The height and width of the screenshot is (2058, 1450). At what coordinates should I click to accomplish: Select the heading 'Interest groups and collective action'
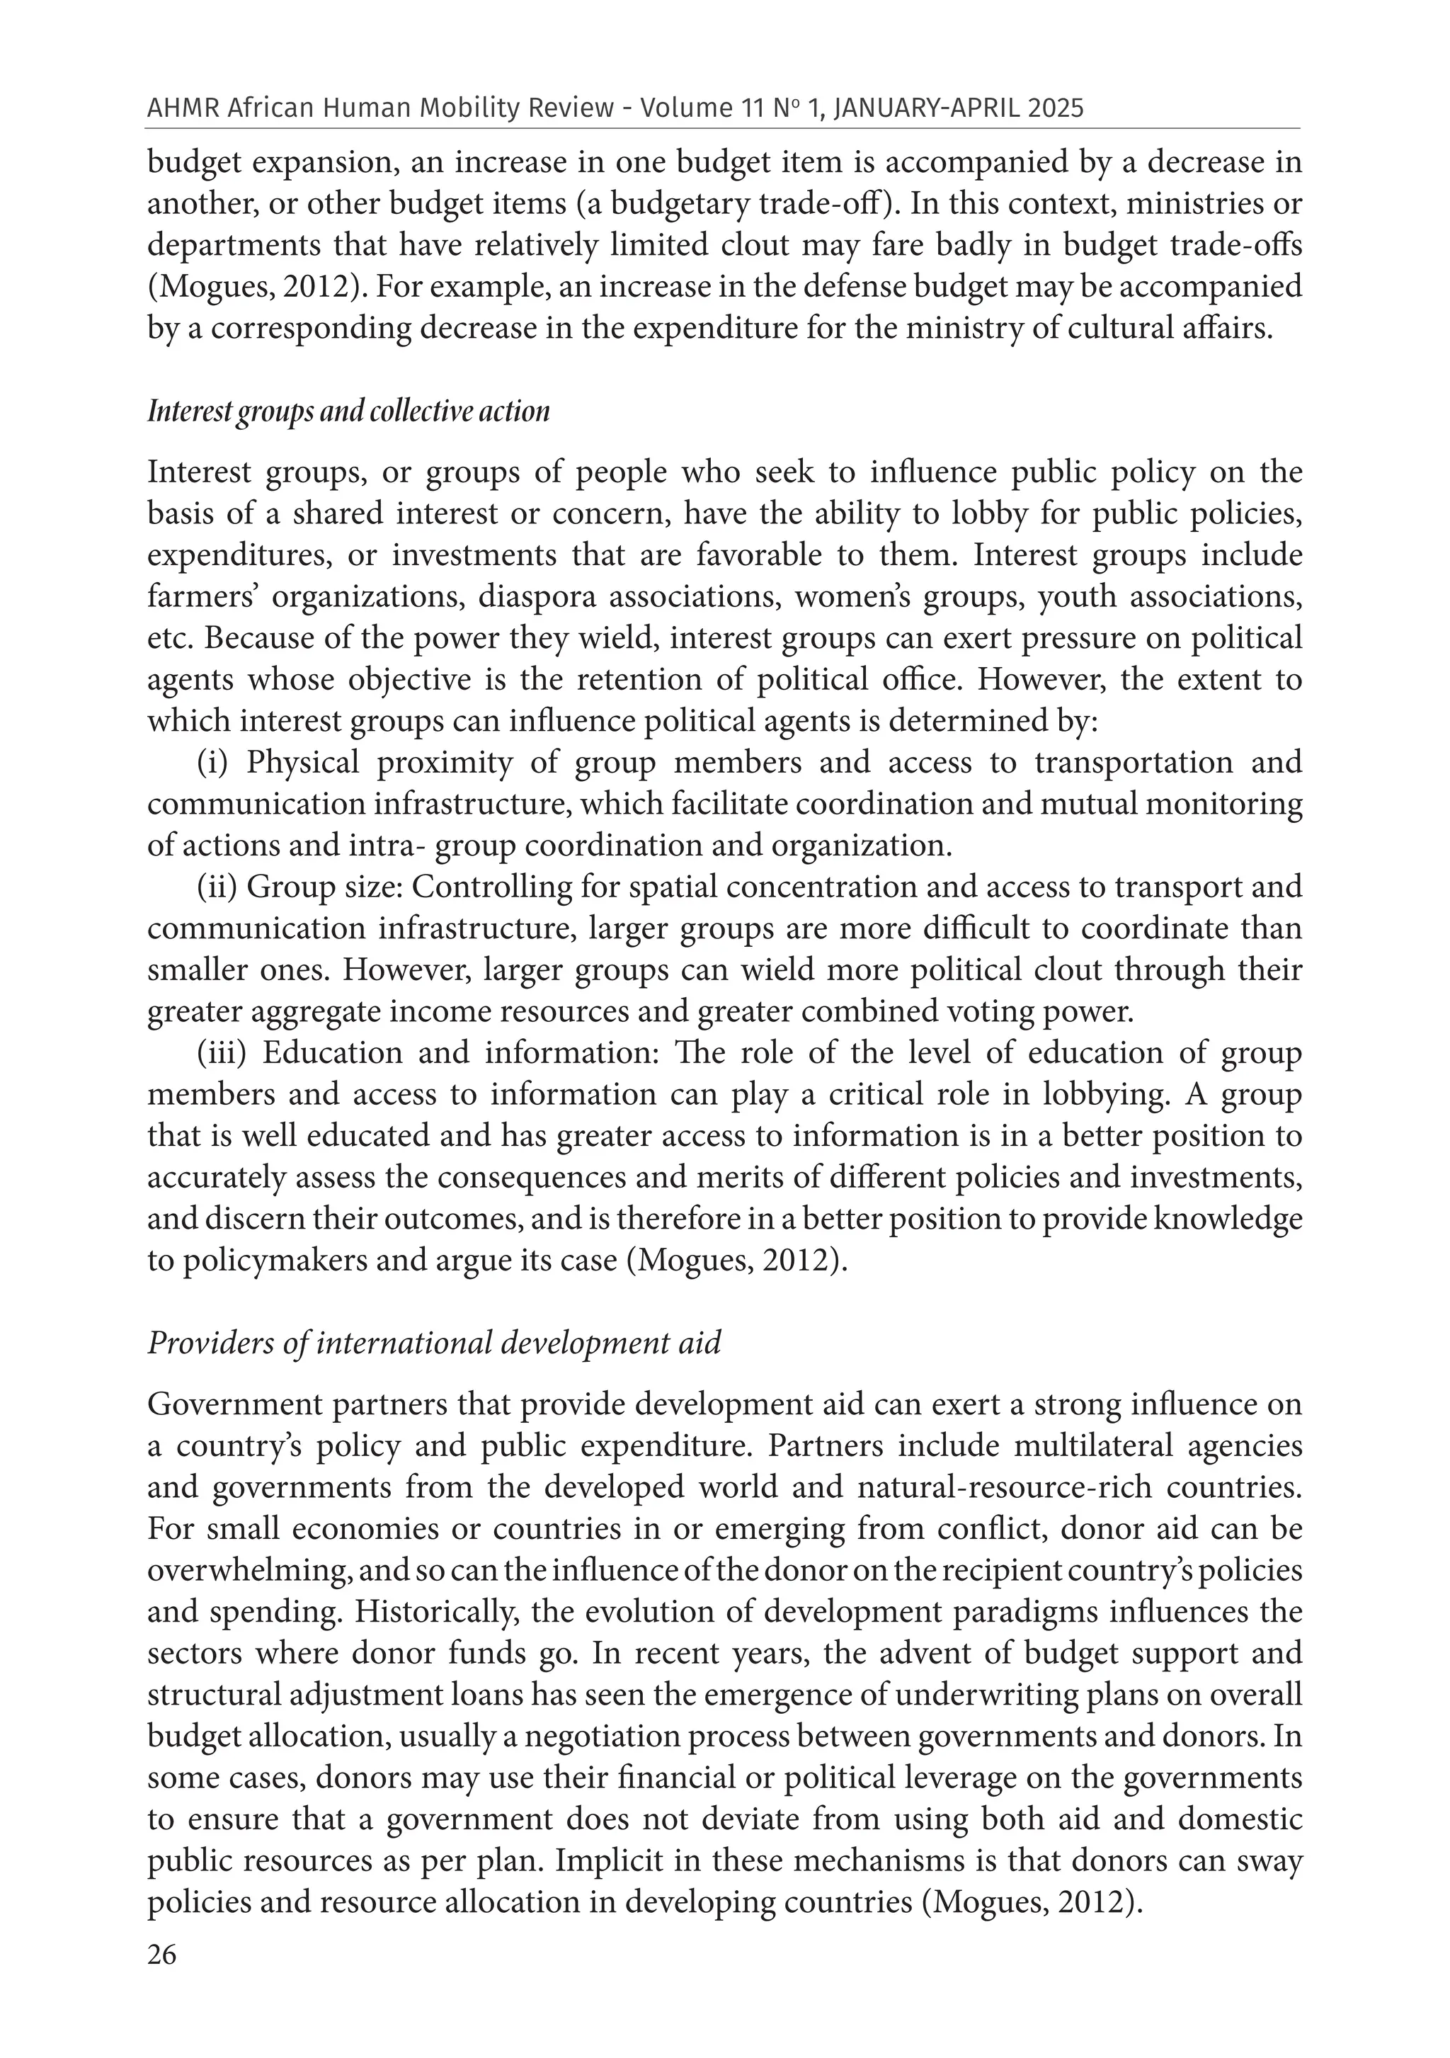tap(348, 411)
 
